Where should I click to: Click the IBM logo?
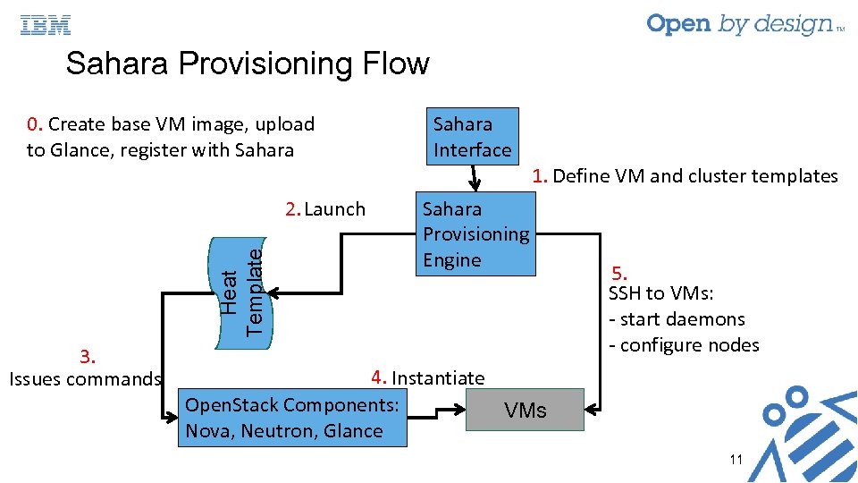(46, 25)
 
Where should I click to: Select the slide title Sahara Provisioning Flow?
(248, 64)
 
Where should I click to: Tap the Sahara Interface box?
(472, 137)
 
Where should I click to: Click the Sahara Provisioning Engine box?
(476, 234)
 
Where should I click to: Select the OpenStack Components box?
(292, 418)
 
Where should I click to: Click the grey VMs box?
(526, 411)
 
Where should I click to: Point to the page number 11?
(736, 460)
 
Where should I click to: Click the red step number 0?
(33, 124)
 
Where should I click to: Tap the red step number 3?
(87, 357)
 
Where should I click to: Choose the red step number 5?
(619, 274)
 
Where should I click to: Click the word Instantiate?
(438, 378)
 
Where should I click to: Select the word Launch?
(335, 209)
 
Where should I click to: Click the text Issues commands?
(84, 379)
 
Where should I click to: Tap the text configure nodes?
(689, 345)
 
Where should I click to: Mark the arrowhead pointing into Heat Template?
(273, 292)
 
